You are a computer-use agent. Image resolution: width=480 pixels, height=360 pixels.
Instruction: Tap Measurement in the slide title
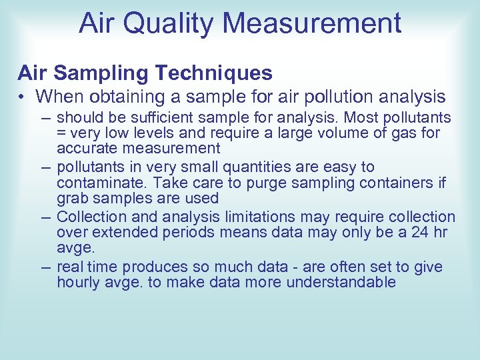[x=313, y=23]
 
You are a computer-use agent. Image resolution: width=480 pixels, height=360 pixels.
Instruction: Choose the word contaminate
[x=99, y=183]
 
